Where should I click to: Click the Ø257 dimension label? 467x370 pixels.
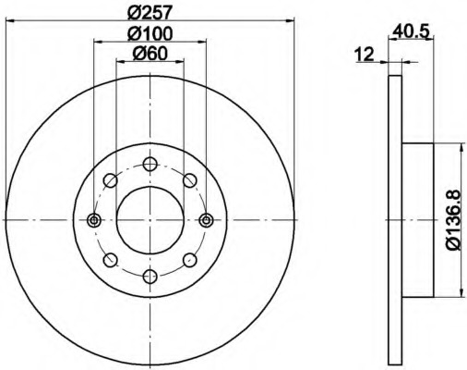point(149,12)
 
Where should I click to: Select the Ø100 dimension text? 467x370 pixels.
point(150,33)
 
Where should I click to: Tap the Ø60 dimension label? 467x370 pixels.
point(150,54)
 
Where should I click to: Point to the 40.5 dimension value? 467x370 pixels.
point(411,31)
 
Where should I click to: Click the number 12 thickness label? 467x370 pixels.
point(364,55)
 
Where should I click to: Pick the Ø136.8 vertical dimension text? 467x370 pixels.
point(453,220)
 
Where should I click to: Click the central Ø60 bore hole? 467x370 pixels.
point(150,220)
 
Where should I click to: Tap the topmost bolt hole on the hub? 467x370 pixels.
point(150,164)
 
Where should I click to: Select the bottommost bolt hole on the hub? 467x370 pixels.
point(150,277)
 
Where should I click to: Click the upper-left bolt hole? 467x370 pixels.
point(111,180)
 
